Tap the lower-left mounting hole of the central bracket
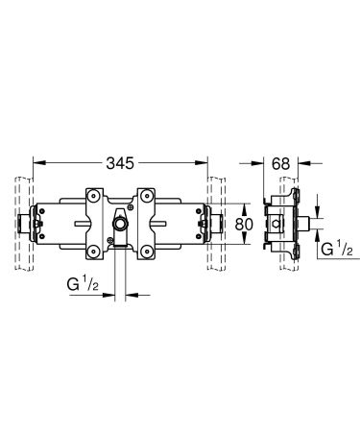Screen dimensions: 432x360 [x=93, y=251]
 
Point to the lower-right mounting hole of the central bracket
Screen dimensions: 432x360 [x=147, y=251]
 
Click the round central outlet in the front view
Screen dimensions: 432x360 [x=121, y=227]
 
